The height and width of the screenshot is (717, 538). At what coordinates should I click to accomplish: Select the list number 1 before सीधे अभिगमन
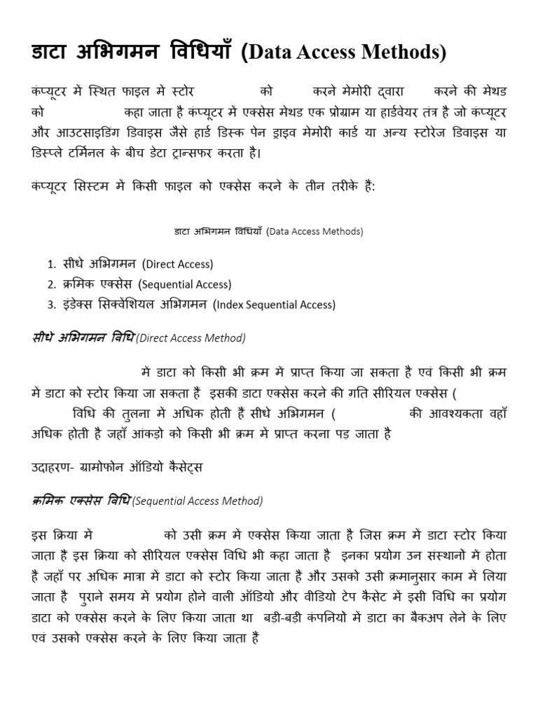(x=51, y=265)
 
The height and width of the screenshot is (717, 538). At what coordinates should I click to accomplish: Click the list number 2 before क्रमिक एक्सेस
(x=51, y=285)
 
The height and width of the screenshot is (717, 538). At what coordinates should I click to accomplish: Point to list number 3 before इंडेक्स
(x=51, y=305)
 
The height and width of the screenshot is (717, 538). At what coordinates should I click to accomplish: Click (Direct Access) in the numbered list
(x=177, y=265)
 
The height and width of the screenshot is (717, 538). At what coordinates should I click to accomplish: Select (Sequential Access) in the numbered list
(x=184, y=285)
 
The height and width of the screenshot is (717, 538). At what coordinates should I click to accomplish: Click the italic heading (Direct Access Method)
(x=190, y=338)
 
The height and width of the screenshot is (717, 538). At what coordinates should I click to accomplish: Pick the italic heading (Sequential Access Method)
(x=197, y=501)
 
